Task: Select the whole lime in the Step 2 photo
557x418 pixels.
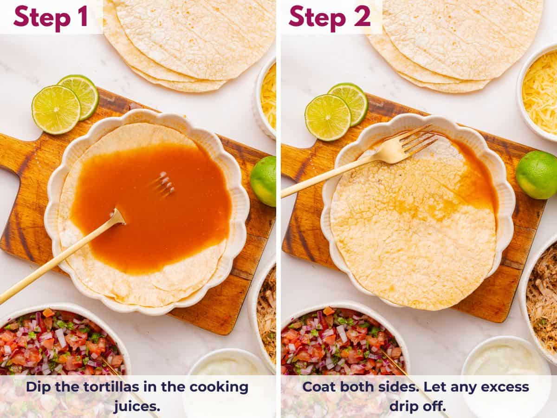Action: click(536, 174)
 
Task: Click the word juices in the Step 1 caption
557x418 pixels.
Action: click(137, 406)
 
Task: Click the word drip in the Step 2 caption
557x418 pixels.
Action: click(406, 406)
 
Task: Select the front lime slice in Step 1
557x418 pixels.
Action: click(56, 110)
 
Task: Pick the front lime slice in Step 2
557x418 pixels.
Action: click(328, 117)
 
